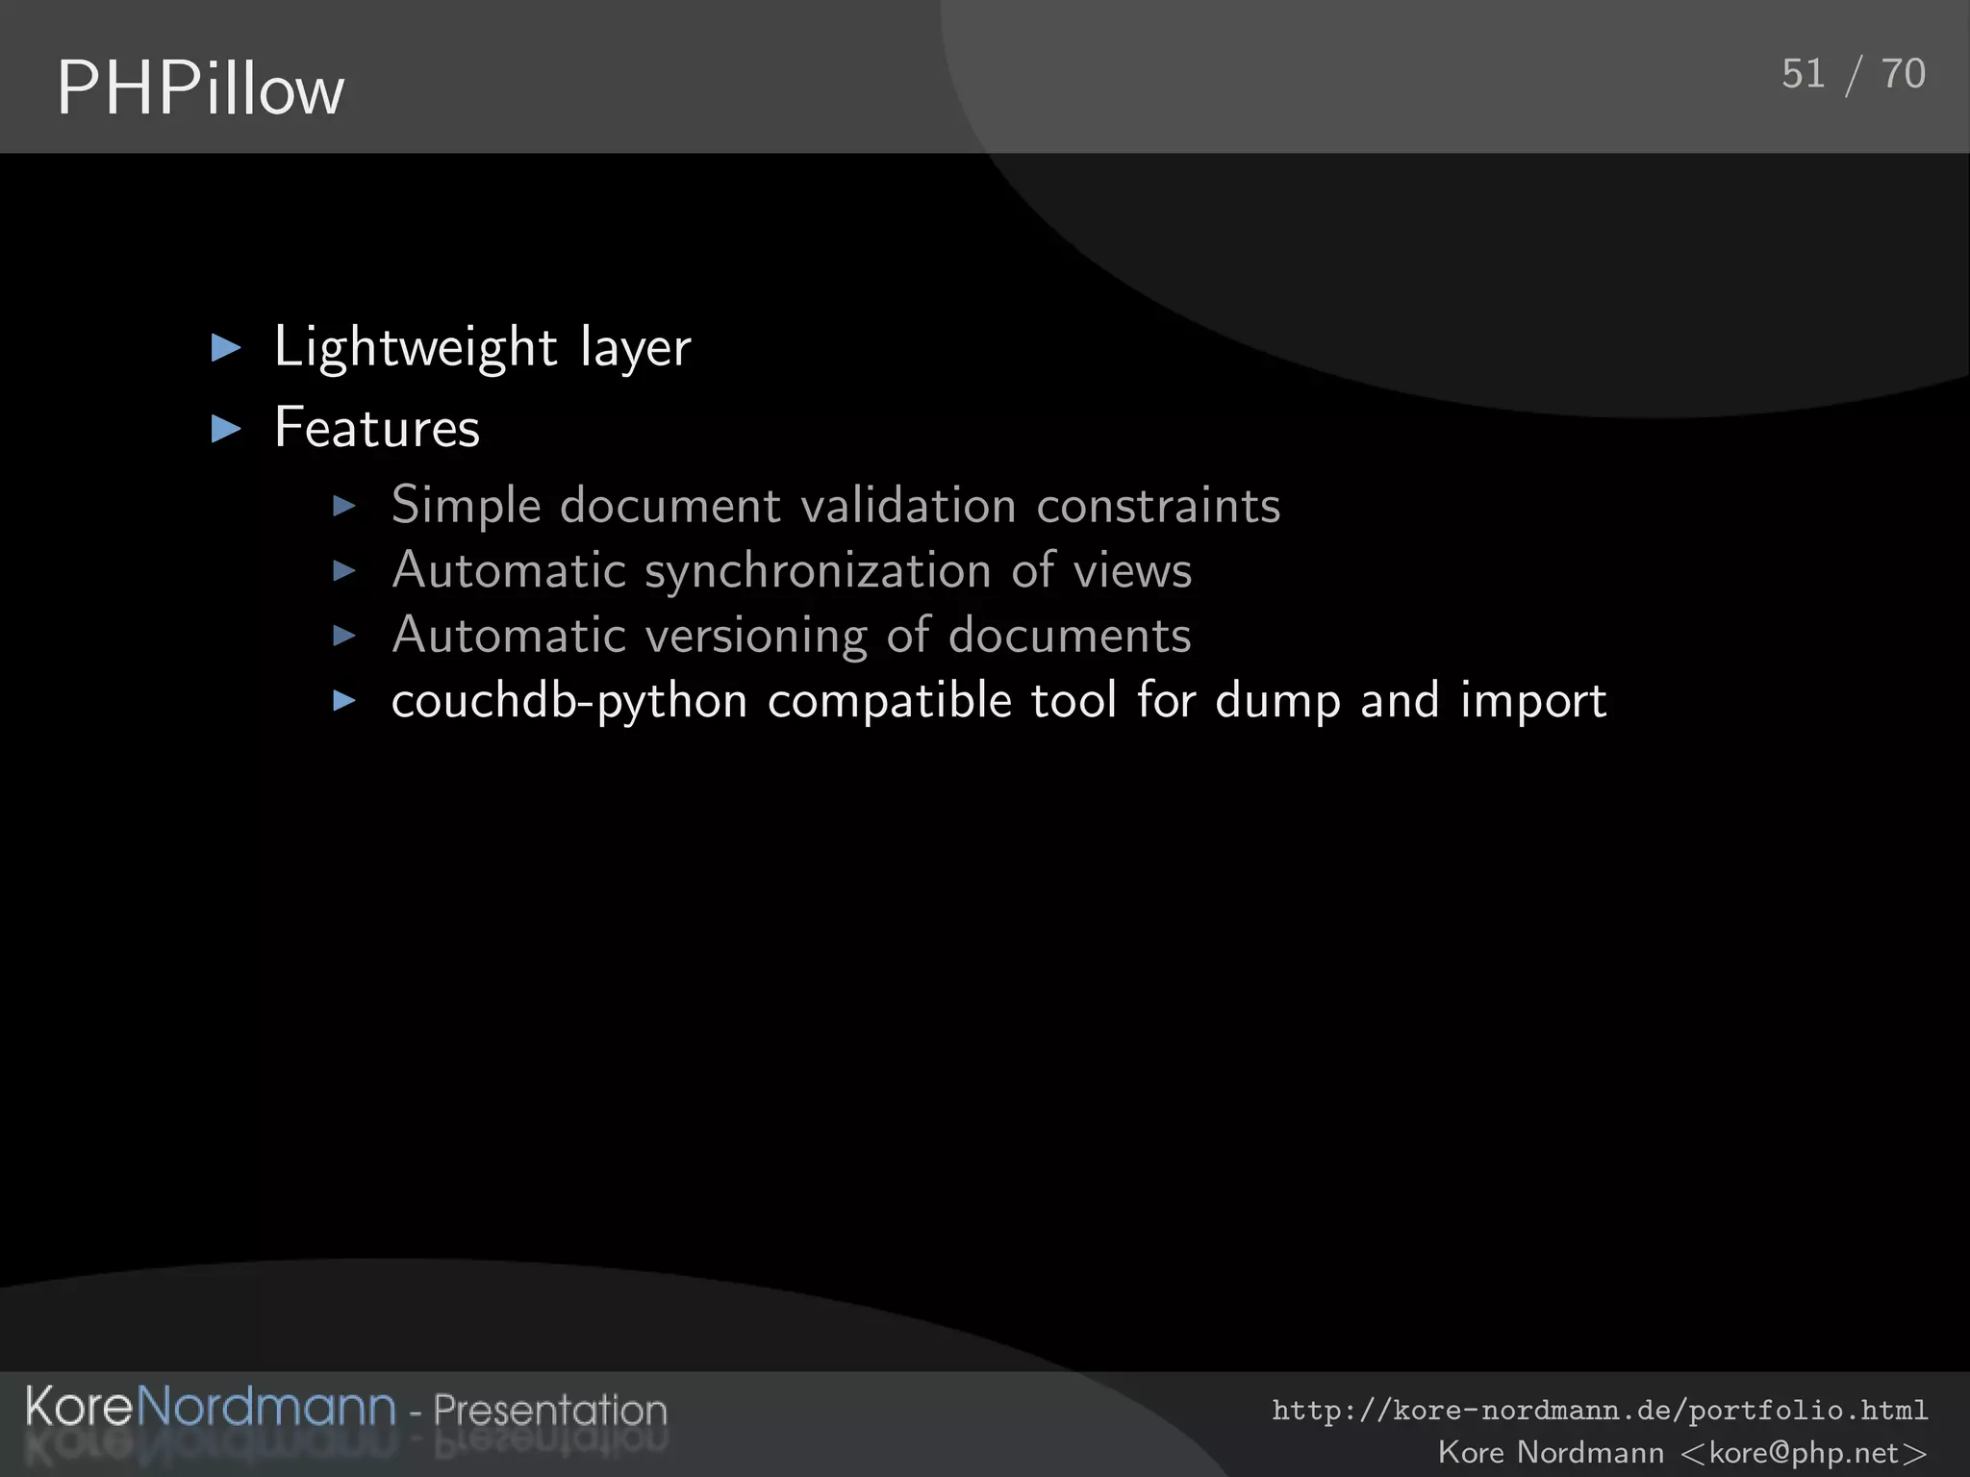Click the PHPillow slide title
click(x=200, y=88)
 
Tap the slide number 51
click(x=1803, y=74)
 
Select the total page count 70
click(x=1903, y=74)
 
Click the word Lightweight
click(x=416, y=347)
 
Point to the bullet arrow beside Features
click(x=226, y=428)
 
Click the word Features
click(x=377, y=428)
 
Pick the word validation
click(x=908, y=506)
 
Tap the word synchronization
click(x=818, y=571)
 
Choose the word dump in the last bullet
click(x=1277, y=701)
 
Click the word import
click(x=1533, y=701)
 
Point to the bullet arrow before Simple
click(x=344, y=506)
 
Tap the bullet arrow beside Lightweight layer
click(x=226, y=347)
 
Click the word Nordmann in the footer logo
click(x=265, y=1407)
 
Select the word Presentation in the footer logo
click(x=550, y=1410)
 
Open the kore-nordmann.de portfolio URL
click(x=1599, y=1411)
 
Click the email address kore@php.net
click(x=1804, y=1452)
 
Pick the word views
click(x=1132, y=571)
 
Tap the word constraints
click(x=1158, y=506)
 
